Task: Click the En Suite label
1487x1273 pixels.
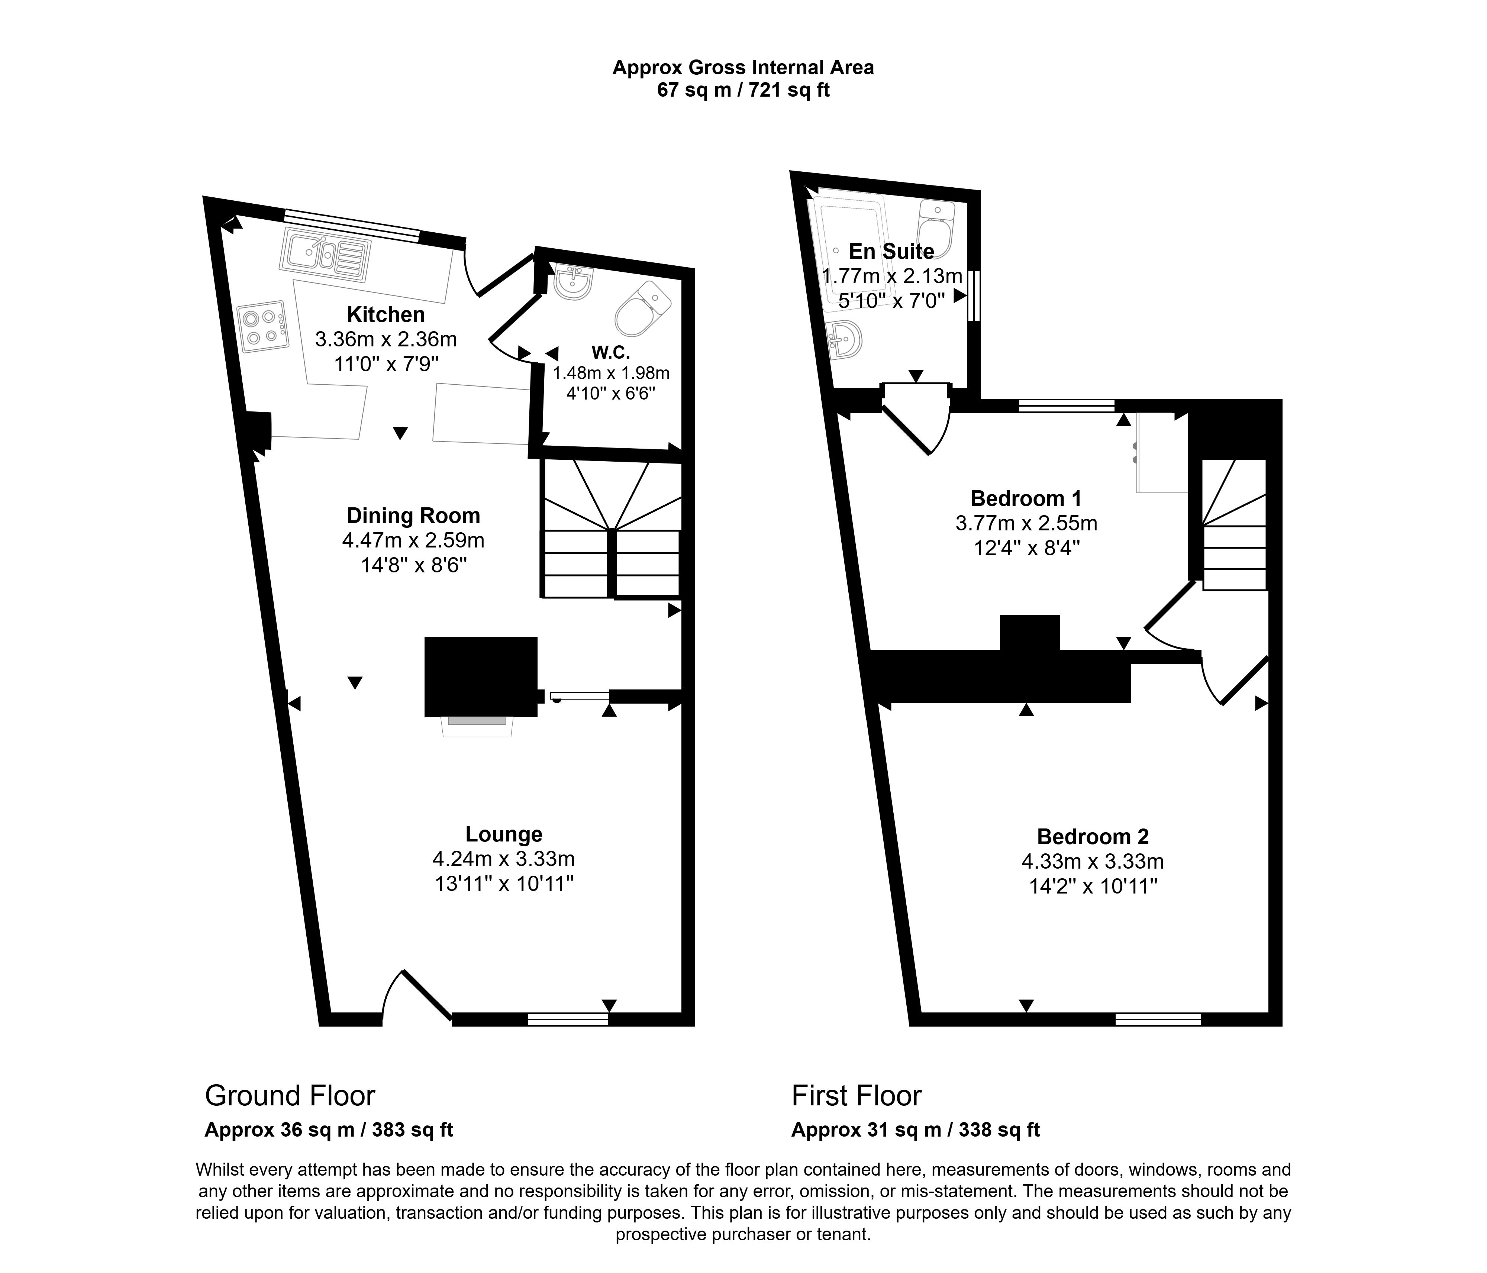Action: point(891,251)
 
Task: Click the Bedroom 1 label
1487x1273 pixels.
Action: point(1026,498)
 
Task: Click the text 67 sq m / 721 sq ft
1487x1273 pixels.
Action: point(743,90)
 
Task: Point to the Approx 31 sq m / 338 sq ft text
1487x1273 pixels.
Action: point(915,1130)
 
